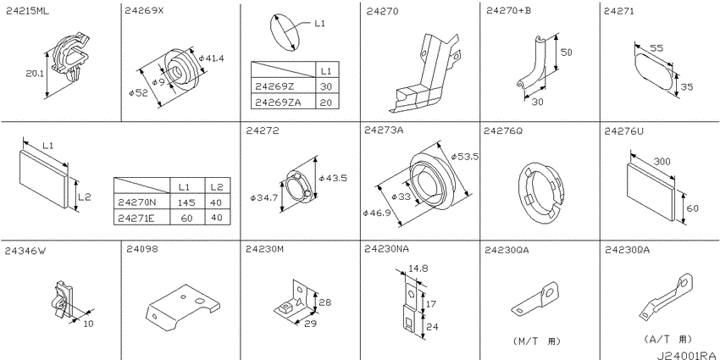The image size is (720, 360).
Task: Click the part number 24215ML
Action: tap(28, 12)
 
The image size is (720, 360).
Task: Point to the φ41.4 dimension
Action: tap(211, 58)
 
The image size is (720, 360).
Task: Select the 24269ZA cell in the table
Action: tap(279, 102)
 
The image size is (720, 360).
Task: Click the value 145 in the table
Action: tap(187, 202)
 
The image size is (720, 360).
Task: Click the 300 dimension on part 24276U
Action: tap(662, 161)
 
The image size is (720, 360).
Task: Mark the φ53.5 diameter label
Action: tap(465, 156)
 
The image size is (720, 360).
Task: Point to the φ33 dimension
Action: tap(402, 197)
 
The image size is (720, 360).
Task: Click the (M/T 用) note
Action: tap(536, 341)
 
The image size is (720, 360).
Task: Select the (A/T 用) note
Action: tap(667, 340)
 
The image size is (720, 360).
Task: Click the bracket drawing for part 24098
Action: tap(182, 307)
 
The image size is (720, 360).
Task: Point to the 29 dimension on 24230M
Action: tap(310, 324)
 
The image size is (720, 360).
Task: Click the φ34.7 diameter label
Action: tap(264, 198)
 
